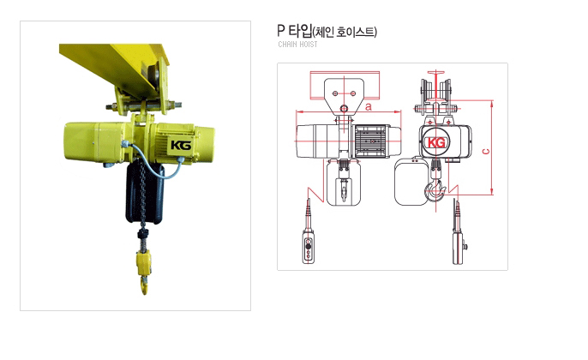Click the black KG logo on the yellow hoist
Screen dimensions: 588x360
point(181,145)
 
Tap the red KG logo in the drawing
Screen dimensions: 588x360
point(436,142)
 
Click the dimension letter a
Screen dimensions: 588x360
point(369,106)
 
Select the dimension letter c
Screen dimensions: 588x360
point(486,152)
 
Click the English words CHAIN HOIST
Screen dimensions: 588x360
point(297,45)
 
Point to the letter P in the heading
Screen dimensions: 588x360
point(281,30)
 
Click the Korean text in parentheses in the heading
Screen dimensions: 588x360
point(345,32)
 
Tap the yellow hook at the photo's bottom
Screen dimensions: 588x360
point(144,284)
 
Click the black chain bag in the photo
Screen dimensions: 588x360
point(145,192)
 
